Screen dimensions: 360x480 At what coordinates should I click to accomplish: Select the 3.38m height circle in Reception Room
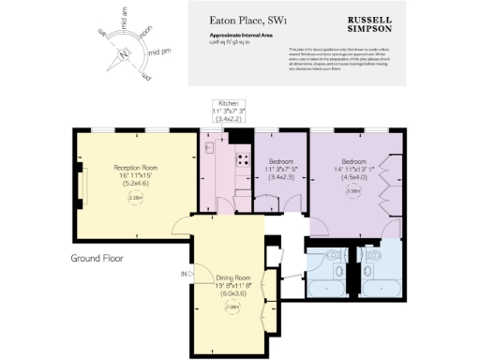pyautogui.click(x=135, y=198)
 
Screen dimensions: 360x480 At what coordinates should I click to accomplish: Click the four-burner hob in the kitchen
pyautogui.click(x=241, y=159)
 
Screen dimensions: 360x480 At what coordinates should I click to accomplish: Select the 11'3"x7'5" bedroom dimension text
pyautogui.click(x=282, y=169)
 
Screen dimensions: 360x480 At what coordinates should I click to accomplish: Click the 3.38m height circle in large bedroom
pyautogui.click(x=353, y=191)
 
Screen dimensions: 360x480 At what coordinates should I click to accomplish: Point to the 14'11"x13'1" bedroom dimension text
pyautogui.click(x=353, y=169)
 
